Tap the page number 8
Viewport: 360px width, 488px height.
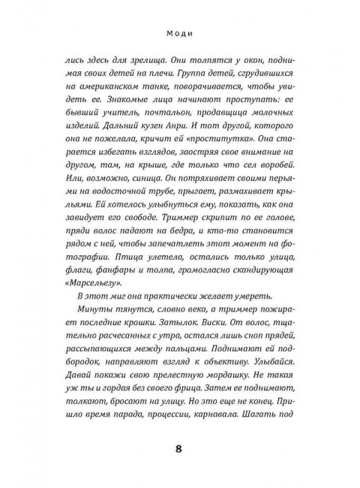[x=178, y=450]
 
